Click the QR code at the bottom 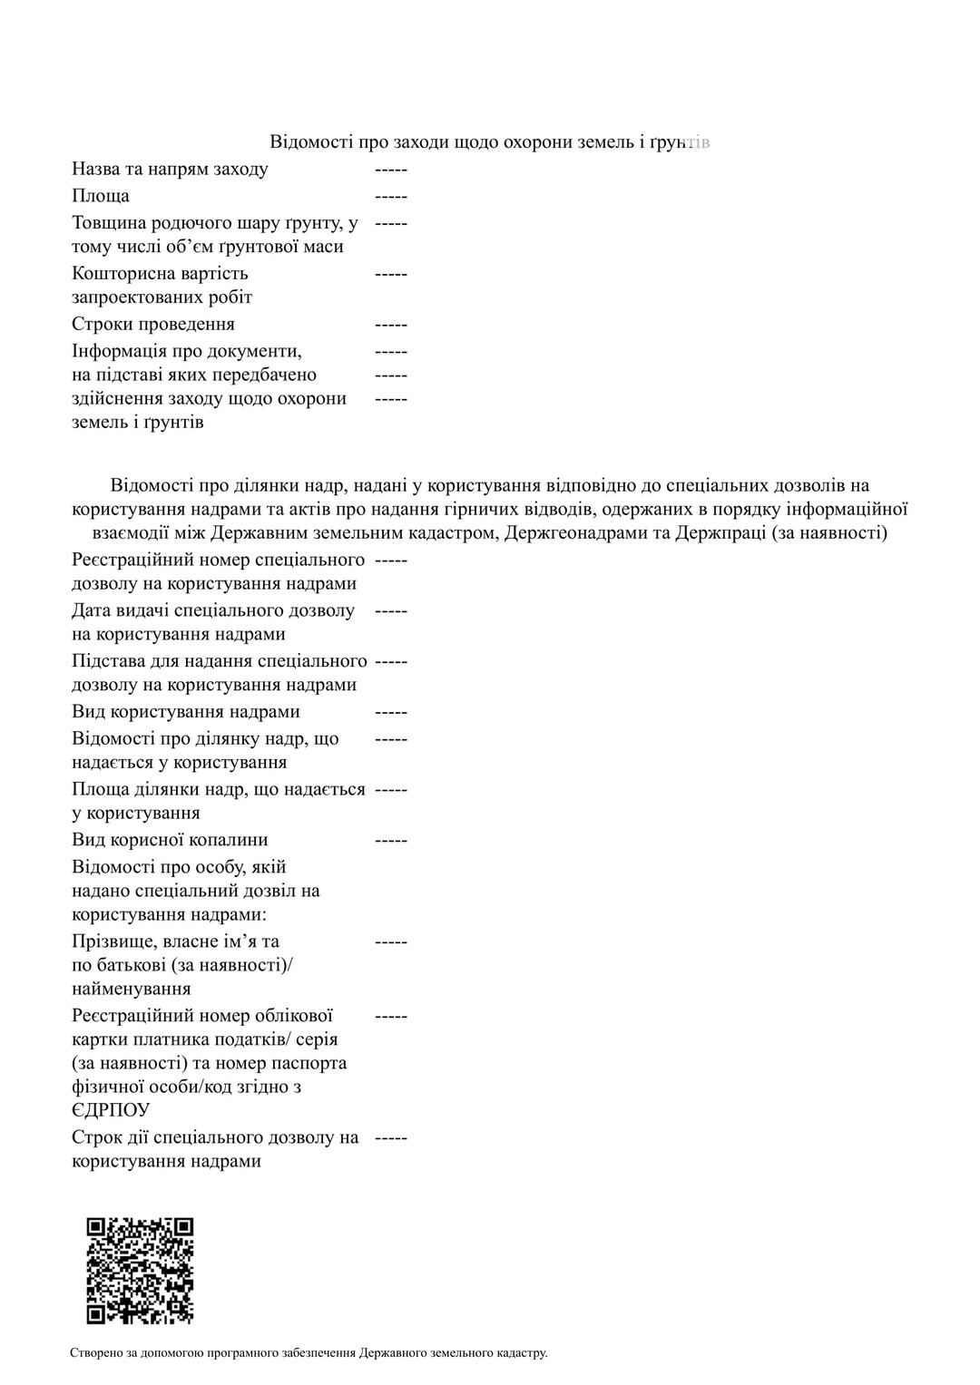140,1270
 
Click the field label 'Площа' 101,196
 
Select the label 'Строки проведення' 153,324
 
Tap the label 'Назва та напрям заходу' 170,169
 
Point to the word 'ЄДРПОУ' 111,1110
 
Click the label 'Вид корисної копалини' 170,840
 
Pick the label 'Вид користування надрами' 186,712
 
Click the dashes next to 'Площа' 391,196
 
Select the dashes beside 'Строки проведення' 391,324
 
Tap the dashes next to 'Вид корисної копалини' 391,840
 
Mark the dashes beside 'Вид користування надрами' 391,712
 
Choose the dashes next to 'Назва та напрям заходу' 391,169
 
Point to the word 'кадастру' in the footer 522,1353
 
